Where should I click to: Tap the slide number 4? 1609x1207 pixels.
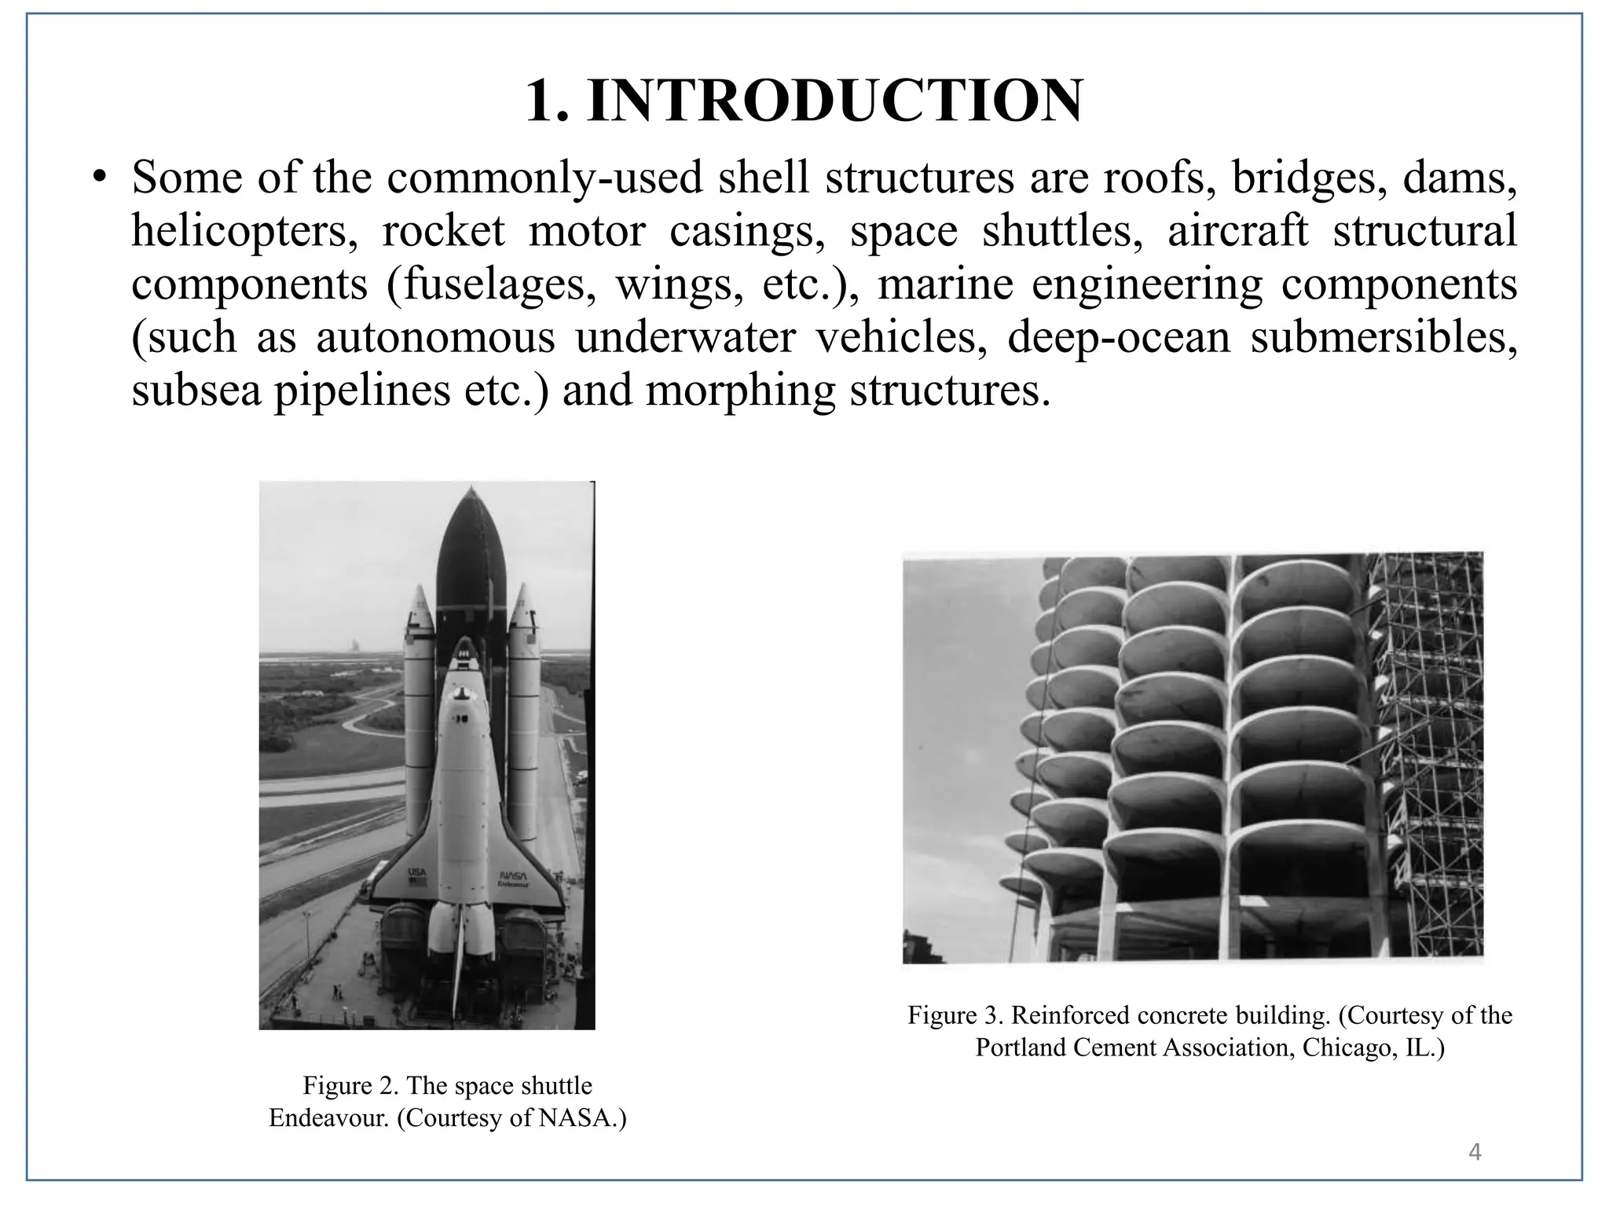click(x=1475, y=1152)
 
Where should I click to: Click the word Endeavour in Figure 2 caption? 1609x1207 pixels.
click(x=328, y=1117)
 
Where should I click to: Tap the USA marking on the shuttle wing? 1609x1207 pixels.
click(x=416, y=873)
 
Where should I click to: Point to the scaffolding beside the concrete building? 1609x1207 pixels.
click(x=1426, y=754)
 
